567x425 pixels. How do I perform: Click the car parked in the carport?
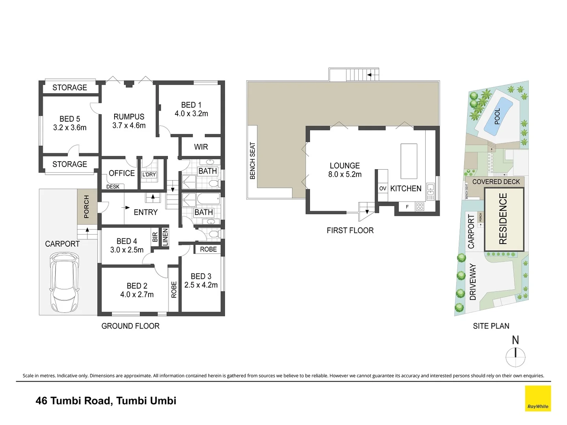pos(65,282)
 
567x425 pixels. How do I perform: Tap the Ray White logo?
pos(537,399)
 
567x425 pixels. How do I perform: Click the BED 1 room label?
pos(191,105)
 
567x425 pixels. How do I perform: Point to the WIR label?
pos(201,147)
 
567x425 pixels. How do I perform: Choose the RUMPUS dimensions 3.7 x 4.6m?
pos(129,126)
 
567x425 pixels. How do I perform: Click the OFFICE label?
pos(122,173)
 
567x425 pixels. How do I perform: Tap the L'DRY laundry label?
pos(149,174)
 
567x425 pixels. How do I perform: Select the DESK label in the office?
pos(113,187)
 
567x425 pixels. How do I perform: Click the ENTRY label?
pos(146,212)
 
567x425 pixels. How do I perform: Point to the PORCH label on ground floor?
pos(87,207)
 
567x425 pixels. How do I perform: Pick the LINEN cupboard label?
pos(165,238)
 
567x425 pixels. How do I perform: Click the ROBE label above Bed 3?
pos(208,249)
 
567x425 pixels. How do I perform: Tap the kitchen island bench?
pos(409,161)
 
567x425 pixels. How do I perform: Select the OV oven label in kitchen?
pos(383,188)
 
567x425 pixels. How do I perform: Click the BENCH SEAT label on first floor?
pos(253,161)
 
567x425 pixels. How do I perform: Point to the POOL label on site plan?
pos(497,116)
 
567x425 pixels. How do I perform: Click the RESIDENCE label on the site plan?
pos(503,218)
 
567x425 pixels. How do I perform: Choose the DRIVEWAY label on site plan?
pos(473,282)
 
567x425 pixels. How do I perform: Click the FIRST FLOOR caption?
pos(350,231)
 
